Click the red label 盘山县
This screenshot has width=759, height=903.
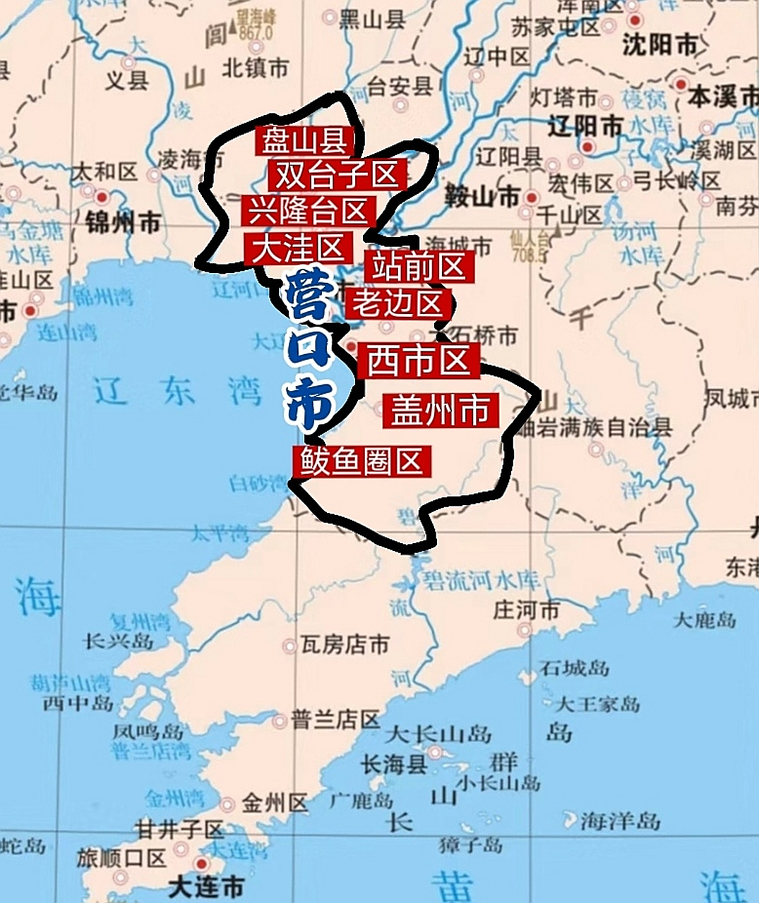304,142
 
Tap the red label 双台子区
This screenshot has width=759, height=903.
337,174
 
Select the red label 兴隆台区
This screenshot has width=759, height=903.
309,211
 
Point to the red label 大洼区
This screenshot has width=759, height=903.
297,248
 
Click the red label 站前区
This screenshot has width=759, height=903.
419,267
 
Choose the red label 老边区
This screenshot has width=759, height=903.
398,303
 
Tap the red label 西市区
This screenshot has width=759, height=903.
418,360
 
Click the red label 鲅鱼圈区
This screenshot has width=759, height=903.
361,461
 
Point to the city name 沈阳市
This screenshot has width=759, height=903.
659,45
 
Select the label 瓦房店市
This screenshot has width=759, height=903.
345,644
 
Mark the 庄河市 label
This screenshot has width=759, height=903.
526,610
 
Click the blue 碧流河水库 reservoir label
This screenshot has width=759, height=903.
482,581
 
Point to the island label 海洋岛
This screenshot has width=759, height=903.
620,820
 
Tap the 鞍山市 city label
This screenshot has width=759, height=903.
483,198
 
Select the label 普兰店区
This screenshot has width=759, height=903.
336,720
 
